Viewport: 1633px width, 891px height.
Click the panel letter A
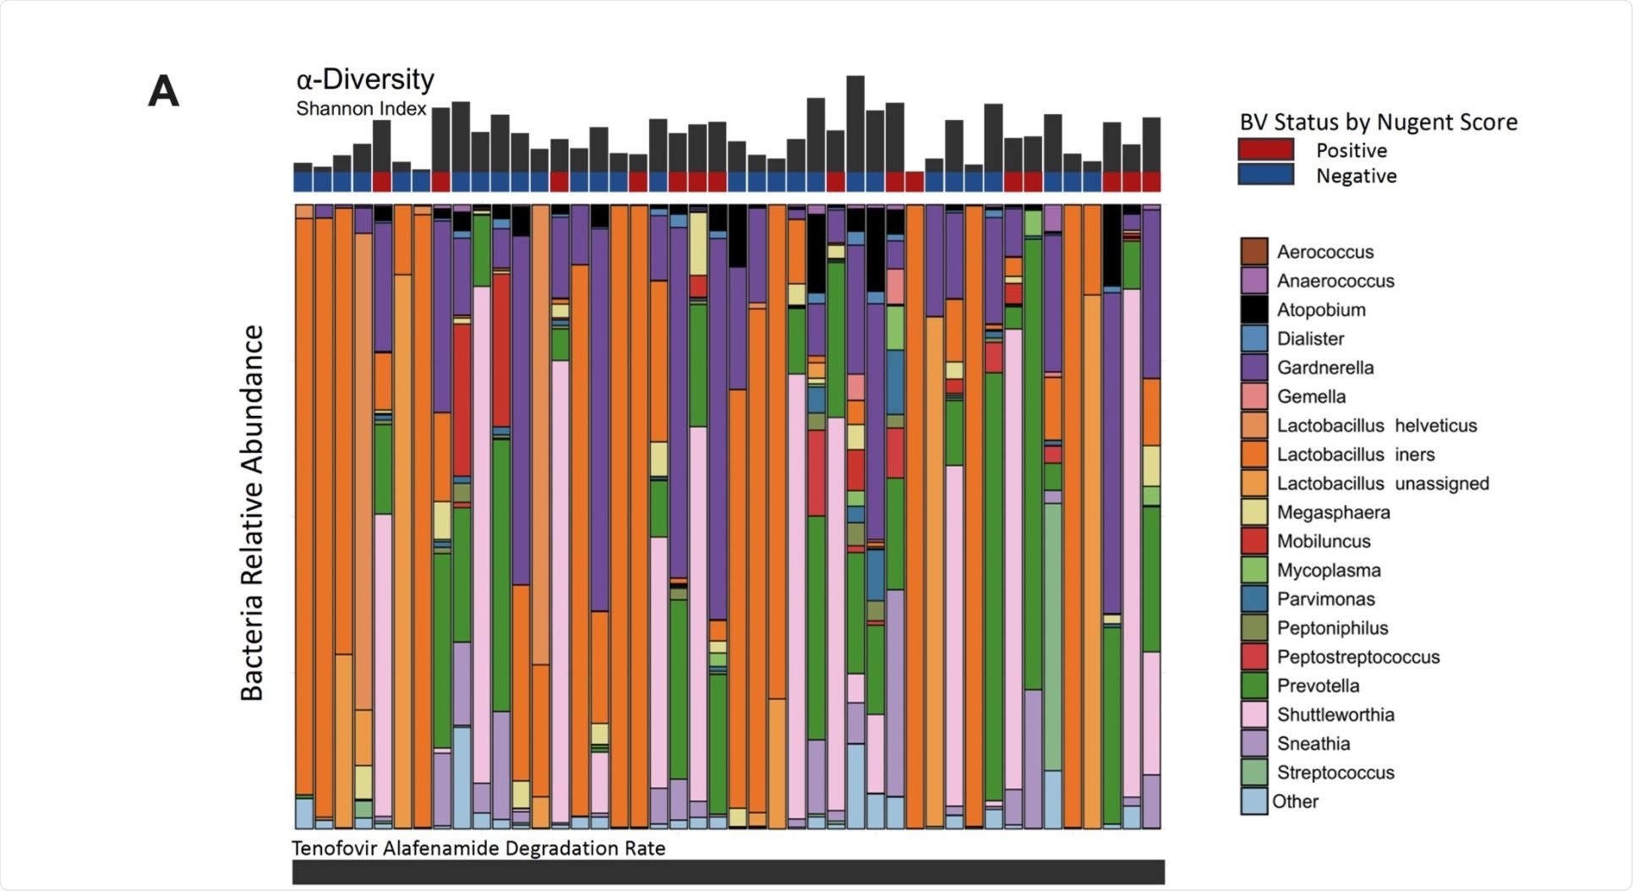tap(163, 91)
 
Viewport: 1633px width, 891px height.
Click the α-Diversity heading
tap(365, 79)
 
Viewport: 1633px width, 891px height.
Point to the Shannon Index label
tap(361, 109)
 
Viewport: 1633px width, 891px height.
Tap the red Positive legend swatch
tap(1265, 150)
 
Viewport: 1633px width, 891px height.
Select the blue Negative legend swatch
tap(1265, 176)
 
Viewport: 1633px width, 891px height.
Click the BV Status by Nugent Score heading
tap(1378, 123)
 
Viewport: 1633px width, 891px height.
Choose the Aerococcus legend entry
tap(1324, 252)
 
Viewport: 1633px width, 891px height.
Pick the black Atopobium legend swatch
tap(1254, 309)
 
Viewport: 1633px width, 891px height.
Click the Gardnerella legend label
tap(1324, 368)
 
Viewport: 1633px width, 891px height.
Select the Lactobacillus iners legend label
tap(1355, 455)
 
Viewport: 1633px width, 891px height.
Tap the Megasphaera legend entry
tap(1333, 512)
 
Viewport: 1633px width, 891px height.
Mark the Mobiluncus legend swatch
tap(1254, 541)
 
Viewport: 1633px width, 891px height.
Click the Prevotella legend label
tap(1318, 686)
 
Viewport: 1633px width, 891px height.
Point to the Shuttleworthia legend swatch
tap(1254, 714)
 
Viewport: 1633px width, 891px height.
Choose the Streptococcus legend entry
tap(1335, 773)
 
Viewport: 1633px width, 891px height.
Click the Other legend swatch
tap(1254, 801)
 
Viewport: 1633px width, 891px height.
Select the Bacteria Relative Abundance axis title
tap(252, 513)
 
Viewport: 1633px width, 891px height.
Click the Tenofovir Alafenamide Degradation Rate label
tap(478, 848)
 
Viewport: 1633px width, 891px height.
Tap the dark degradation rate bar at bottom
tap(728, 872)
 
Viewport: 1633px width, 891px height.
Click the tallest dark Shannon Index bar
tap(855, 123)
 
